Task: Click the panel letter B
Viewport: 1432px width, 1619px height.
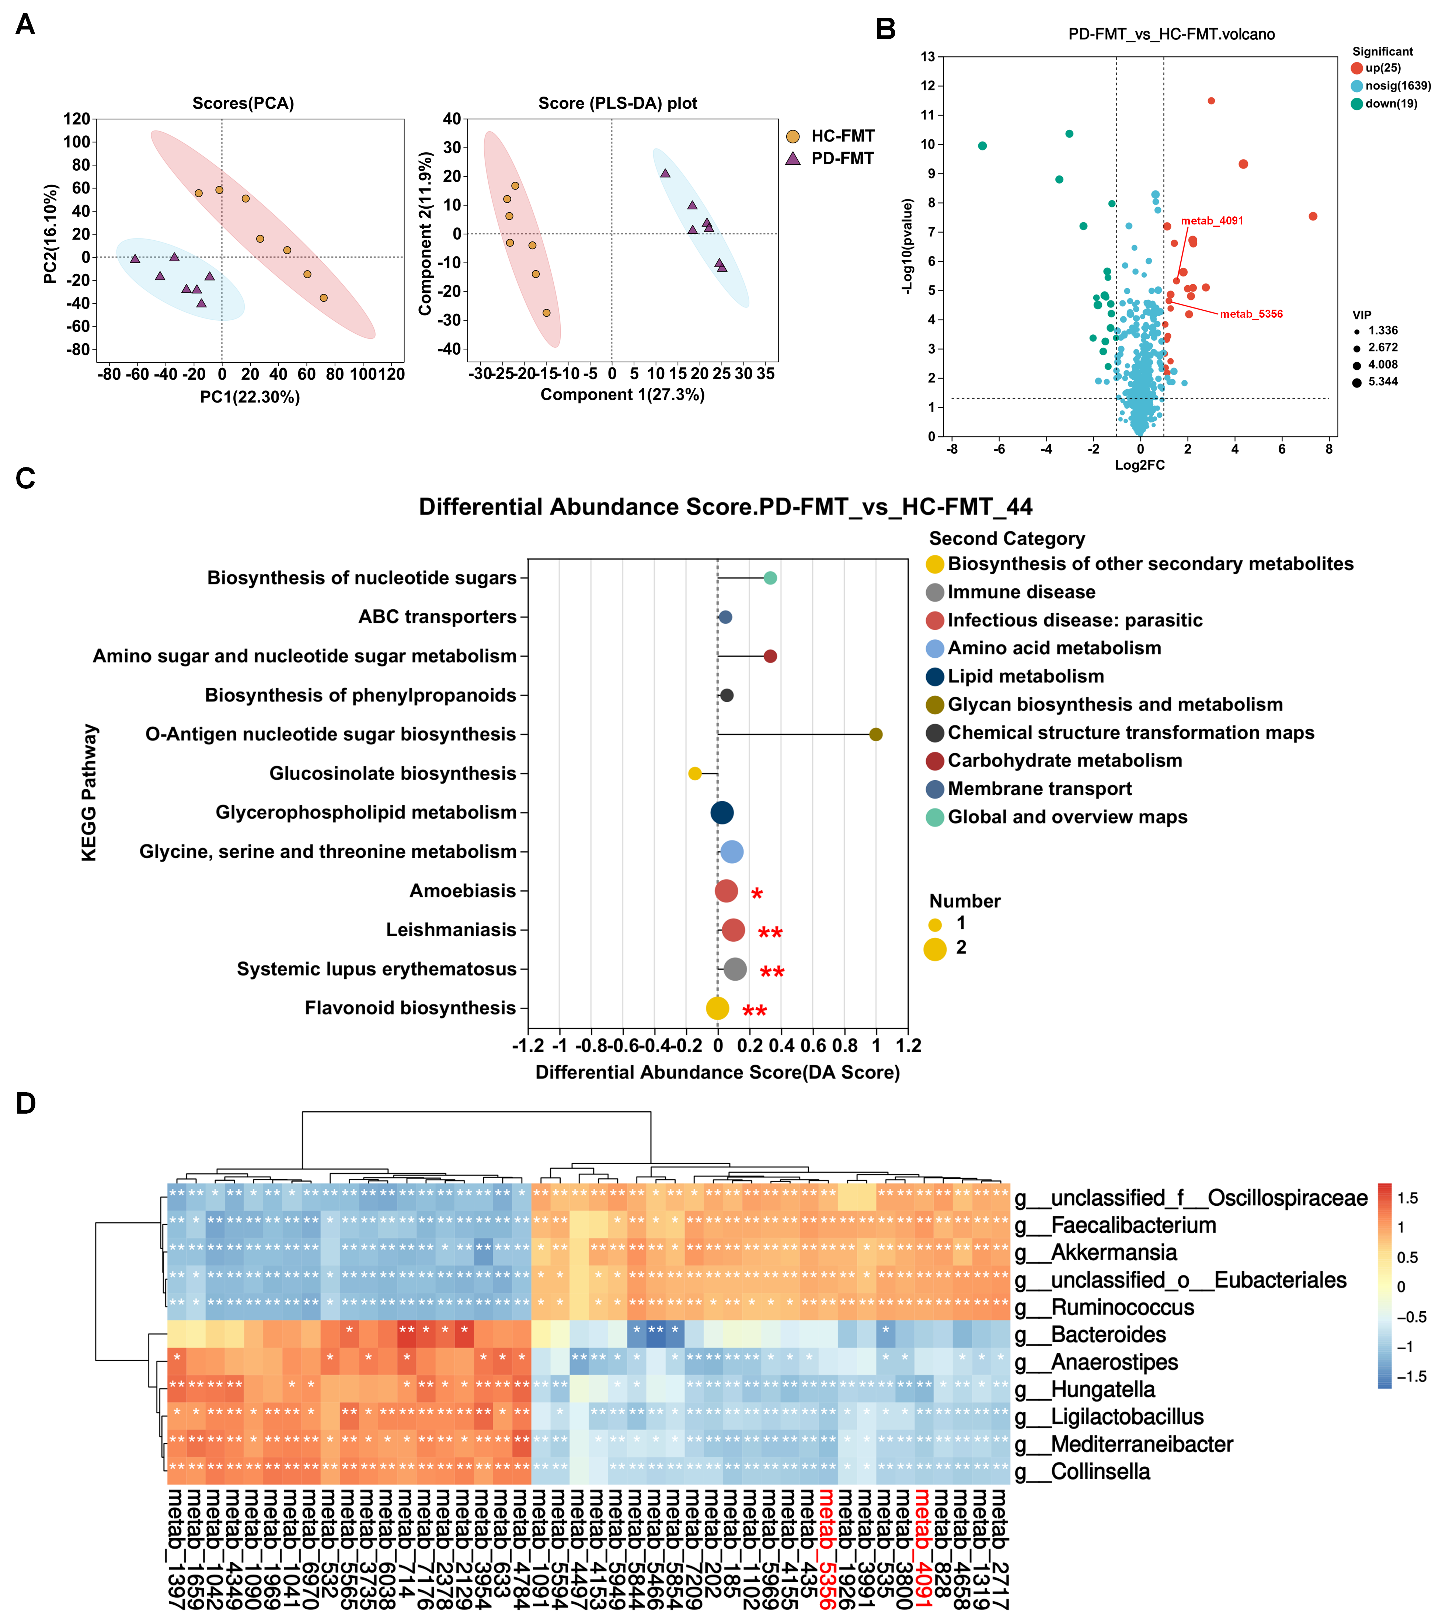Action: click(x=885, y=29)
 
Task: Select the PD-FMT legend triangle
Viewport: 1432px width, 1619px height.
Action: click(x=793, y=159)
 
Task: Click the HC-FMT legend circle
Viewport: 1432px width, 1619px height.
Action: click(x=793, y=136)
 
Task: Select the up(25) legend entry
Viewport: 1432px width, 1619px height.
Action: click(x=1382, y=68)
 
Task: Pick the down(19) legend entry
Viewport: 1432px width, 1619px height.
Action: click(x=1390, y=104)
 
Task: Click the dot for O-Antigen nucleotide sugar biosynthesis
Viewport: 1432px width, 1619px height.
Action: click(x=875, y=734)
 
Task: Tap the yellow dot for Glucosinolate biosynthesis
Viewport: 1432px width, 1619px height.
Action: click(x=694, y=773)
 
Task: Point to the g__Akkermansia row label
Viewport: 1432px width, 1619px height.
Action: click(x=1113, y=1252)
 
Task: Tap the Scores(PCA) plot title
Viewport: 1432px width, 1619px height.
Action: click(x=243, y=104)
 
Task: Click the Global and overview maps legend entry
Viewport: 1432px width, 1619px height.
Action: click(x=1067, y=817)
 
